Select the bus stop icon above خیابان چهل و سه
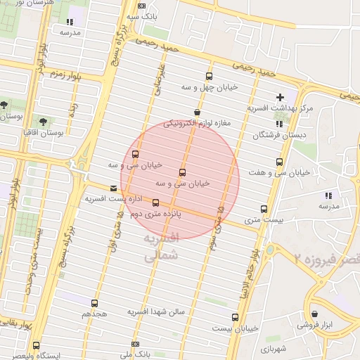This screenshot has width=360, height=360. pos(208,77)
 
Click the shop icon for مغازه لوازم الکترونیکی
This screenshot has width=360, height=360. pos(196,112)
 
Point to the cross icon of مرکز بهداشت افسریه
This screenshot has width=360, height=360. pos(281,97)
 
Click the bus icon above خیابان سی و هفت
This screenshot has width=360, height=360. pos(280,162)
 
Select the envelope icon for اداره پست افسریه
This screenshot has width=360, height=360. pos(114,188)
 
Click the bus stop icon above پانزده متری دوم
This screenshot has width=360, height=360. pos(155,203)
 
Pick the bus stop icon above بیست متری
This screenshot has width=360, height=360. pos(264,209)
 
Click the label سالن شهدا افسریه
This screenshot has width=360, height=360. pos(156,311)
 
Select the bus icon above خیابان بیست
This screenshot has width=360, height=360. pos(235,317)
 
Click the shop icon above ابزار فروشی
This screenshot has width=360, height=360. pos(313,314)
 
